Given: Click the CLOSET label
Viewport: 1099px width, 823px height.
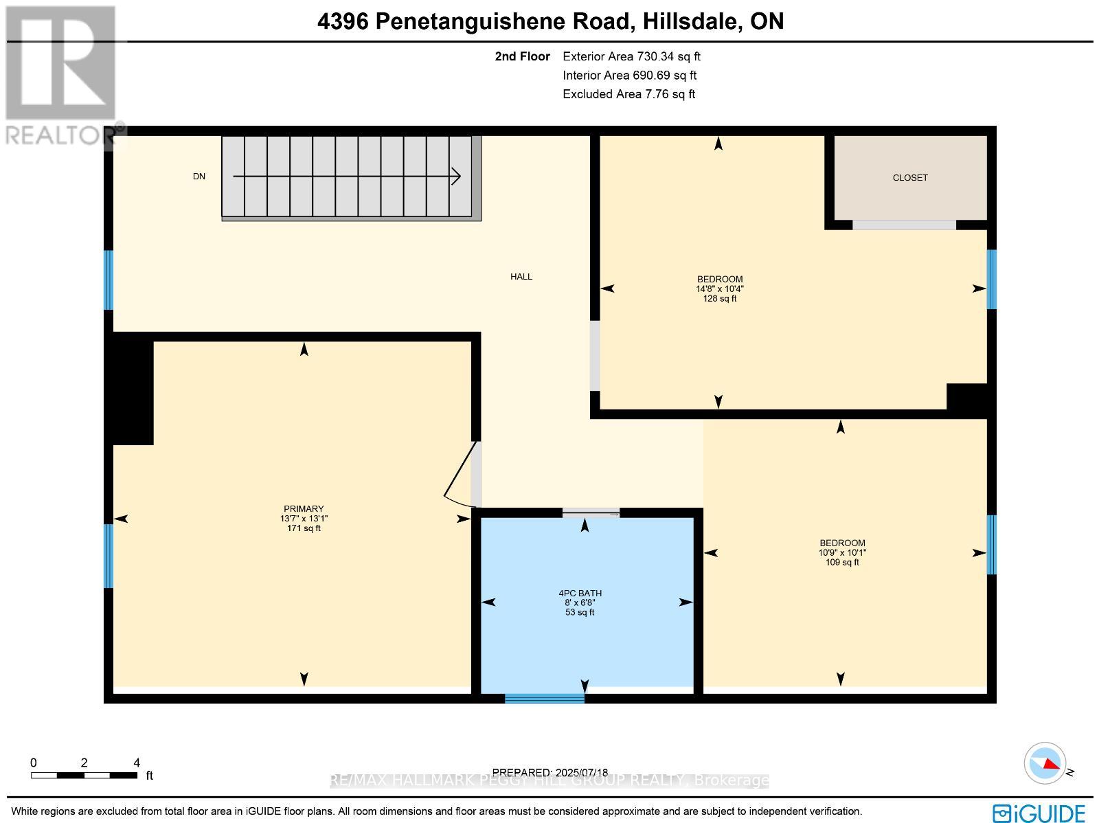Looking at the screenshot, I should (909, 177).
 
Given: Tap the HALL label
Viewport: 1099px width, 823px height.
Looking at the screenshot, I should (521, 277).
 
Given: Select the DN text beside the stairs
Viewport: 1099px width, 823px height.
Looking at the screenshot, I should (199, 177).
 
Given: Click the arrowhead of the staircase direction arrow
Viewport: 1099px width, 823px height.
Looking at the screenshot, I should (456, 177).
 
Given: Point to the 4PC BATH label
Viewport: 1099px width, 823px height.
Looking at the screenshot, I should (580, 593).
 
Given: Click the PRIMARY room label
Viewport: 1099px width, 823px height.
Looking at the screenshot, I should (304, 509).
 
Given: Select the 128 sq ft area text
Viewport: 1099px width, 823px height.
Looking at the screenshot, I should (719, 299).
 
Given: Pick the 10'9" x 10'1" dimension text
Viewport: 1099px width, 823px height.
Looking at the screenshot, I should (841, 552).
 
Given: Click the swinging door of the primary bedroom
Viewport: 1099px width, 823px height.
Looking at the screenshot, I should (460, 474).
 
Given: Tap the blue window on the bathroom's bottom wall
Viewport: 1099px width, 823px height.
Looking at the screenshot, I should (544, 699).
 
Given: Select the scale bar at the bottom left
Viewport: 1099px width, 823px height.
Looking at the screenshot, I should (83, 775).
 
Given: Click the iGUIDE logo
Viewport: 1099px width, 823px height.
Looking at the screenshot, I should (1039, 813).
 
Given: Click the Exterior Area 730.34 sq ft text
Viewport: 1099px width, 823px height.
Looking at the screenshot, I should (631, 57).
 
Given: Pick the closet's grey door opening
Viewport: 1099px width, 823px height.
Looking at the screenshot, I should (903, 225).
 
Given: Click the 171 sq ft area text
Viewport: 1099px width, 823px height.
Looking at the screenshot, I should (304, 528).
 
